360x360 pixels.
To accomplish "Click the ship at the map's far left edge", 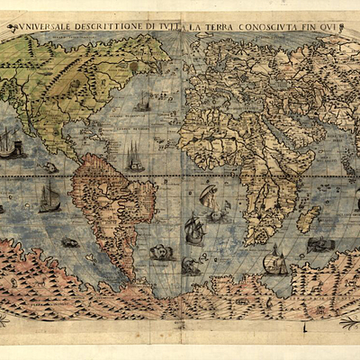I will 9,144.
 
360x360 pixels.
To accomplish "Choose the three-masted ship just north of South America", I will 135,159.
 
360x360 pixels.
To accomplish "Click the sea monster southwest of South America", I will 69,242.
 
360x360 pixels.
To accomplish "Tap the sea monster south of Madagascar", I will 319,244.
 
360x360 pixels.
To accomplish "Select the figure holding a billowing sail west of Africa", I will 209,196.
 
